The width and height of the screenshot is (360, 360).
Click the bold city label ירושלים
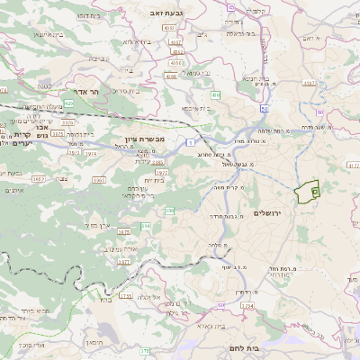pyautogui.click(x=267, y=212)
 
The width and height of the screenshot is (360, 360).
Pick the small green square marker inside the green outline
pyautogui.click(x=314, y=191)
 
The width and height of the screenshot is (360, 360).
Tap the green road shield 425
pyautogui.click(x=68, y=103)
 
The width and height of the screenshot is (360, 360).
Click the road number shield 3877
pyautogui.click(x=123, y=261)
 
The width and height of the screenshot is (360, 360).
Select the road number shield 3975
pyautogui.click(x=58, y=133)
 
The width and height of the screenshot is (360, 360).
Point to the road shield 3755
pyautogui.click(x=125, y=294)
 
